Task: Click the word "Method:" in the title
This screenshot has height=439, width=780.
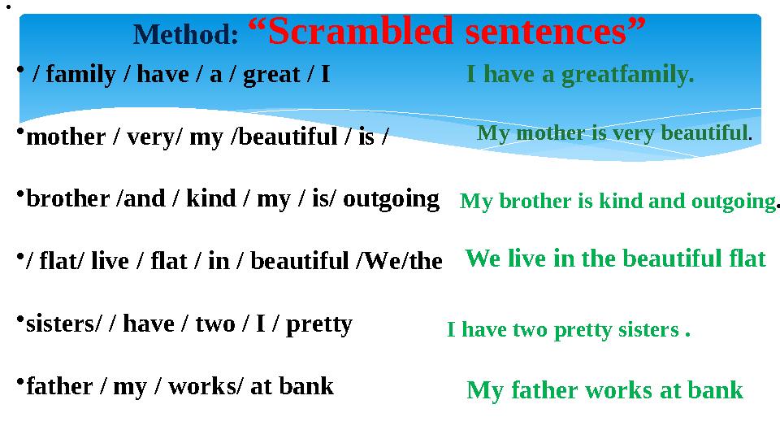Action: pyautogui.click(x=186, y=35)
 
